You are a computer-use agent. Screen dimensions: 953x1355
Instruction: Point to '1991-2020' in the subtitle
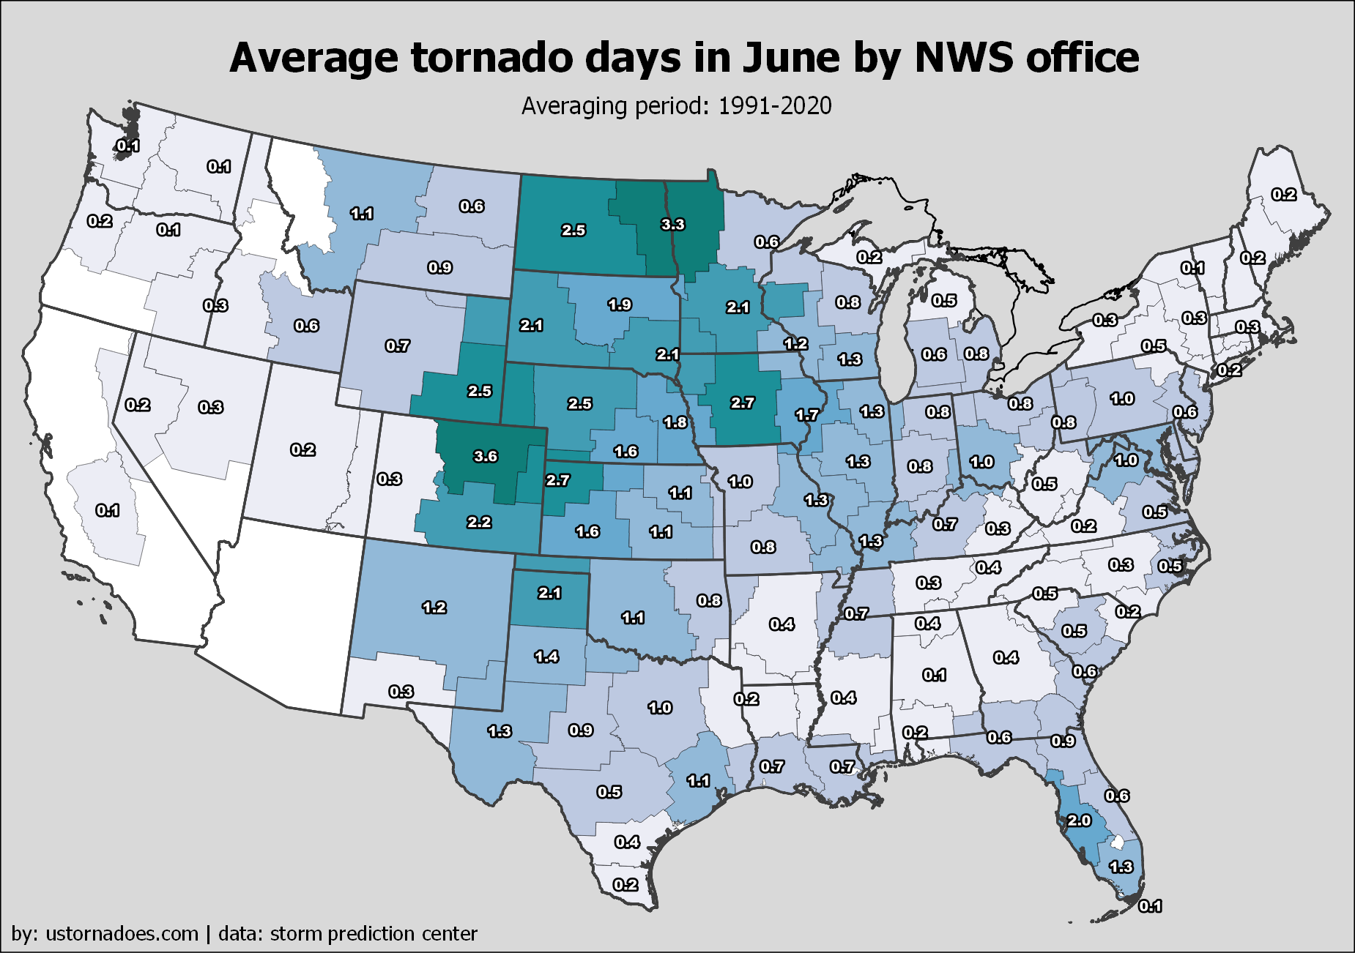(x=775, y=106)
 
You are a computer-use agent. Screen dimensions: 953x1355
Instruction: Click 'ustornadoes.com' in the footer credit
(x=122, y=934)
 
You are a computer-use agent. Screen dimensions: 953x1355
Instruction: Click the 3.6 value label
(x=486, y=457)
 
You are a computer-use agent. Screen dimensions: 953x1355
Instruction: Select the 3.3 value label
(x=672, y=225)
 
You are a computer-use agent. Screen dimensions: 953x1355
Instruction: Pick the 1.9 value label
(x=620, y=304)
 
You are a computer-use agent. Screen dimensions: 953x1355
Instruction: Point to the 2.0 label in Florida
(x=1079, y=821)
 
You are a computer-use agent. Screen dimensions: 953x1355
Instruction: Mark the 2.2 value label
(x=479, y=523)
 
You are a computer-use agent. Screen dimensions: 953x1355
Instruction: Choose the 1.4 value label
(x=546, y=657)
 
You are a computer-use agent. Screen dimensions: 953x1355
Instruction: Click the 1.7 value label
(x=807, y=415)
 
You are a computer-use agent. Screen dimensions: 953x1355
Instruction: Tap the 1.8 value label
(x=675, y=422)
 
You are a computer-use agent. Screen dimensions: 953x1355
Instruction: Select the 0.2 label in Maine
(x=1284, y=195)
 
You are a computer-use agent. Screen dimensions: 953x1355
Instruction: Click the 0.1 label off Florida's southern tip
(x=1150, y=907)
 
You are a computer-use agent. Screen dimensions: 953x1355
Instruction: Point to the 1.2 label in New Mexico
(x=434, y=608)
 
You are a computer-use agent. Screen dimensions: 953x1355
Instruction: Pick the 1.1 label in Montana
(x=362, y=214)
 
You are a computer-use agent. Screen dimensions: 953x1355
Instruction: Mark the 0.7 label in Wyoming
(x=398, y=345)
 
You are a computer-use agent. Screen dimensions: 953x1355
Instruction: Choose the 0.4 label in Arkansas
(x=782, y=624)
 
